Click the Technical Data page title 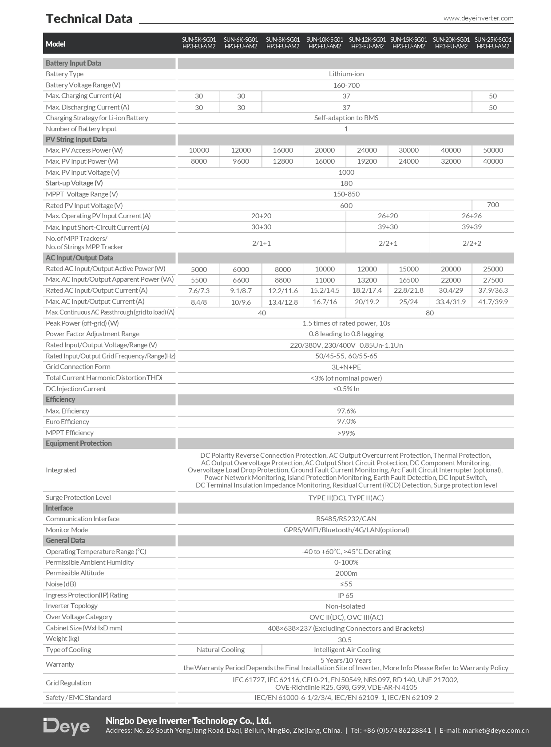[x=89, y=19]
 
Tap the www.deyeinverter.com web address [x=478, y=18]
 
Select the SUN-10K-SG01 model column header [x=325, y=43]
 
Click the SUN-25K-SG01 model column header [x=493, y=43]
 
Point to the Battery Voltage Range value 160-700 [x=346, y=85]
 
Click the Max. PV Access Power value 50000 [x=493, y=150]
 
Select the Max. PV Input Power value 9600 [x=241, y=161]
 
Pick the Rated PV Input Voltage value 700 [x=493, y=205]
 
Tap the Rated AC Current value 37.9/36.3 [x=493, y=291]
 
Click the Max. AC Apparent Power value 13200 [x=367, y=280]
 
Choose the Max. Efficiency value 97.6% [x=346, y=411]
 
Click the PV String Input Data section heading [x=76, y=140]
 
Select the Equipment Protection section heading [x=79, y=444]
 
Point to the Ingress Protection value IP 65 [x=345, y=595]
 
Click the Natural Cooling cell [x=220, y=650]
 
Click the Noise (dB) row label [x=61, y=584]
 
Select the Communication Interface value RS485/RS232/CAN [x=346, y=519]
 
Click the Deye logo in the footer [x=67, y=726]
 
